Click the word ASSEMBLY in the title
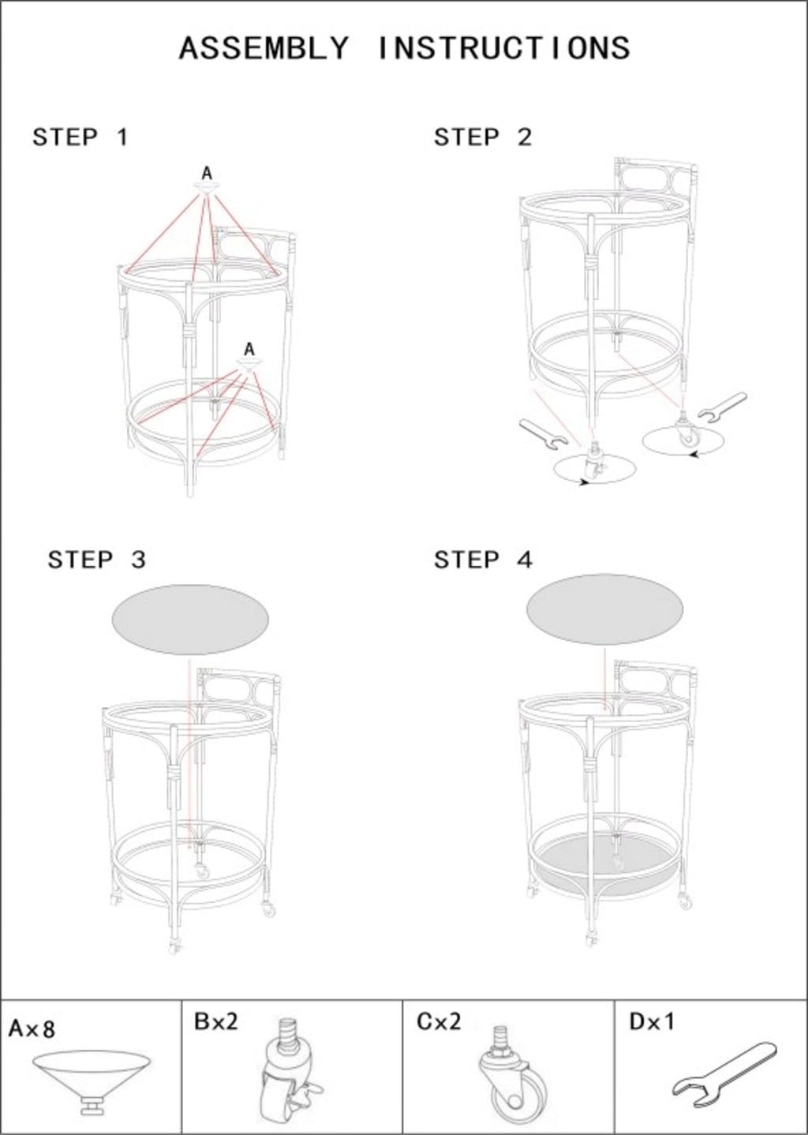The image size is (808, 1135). [264, 49]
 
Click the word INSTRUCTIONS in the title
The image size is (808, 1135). [504, 49]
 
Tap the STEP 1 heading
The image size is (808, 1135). [80, 137]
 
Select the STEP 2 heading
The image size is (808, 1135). [483, 137]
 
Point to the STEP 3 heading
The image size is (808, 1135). [97, 560]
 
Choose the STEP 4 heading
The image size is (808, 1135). [483, 560]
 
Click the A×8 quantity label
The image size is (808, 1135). [32, 1028]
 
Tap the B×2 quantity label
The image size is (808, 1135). [215, 1021]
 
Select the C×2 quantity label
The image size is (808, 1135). [439, 1021]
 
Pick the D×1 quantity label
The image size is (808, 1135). [652, 1021]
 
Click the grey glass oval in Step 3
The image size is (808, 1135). [190, 620]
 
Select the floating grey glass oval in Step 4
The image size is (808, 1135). [605, 609]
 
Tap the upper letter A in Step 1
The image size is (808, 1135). [207, 174]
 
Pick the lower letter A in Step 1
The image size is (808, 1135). [249, 350]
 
